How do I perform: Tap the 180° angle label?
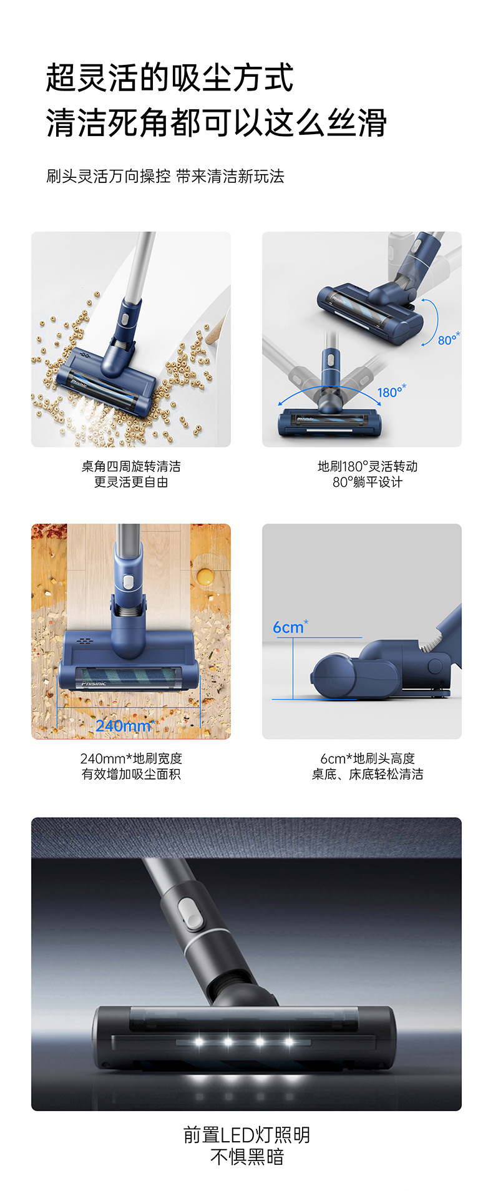(x=391, y=391)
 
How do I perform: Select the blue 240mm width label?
(x=124, y=725)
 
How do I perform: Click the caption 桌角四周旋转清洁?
(x=131, y=466)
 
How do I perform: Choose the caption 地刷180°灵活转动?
(x=368, y=466)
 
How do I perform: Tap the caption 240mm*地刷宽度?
(x=131, y=758)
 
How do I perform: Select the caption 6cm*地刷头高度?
(x=368, y=758)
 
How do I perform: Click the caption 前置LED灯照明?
(x=246, y=1135)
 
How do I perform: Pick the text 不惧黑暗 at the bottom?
(x=246, y=1157)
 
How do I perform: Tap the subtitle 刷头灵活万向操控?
(x=109, y=177)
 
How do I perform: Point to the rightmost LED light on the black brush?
(x=288, y=1042)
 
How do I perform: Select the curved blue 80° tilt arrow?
(x=430, y=321)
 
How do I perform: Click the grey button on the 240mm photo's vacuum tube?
(x=128, y=582)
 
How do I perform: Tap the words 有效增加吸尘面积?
(x=131, y=775)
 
